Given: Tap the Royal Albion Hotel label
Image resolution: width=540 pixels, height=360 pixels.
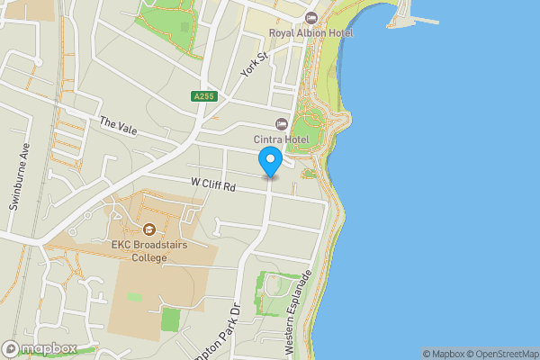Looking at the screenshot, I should (x=311, y=33).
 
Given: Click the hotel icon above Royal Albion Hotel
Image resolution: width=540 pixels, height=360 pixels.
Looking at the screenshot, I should (x=311, y=18).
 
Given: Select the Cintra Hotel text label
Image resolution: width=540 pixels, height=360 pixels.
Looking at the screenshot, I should (x=282, y=139).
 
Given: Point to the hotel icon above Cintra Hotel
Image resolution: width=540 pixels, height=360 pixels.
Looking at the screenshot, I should (x=281, y=124).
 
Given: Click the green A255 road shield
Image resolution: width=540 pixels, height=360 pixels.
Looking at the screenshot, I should (x=203, y=95).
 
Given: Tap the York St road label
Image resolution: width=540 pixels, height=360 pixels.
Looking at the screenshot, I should (x=255, y=65).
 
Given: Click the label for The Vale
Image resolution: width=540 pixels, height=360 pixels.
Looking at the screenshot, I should (x=118, y=127).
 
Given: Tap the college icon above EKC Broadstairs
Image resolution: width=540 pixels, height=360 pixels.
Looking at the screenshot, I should (x=148, y=229).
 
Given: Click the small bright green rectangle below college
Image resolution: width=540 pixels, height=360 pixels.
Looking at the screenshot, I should (x=170, y=319).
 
